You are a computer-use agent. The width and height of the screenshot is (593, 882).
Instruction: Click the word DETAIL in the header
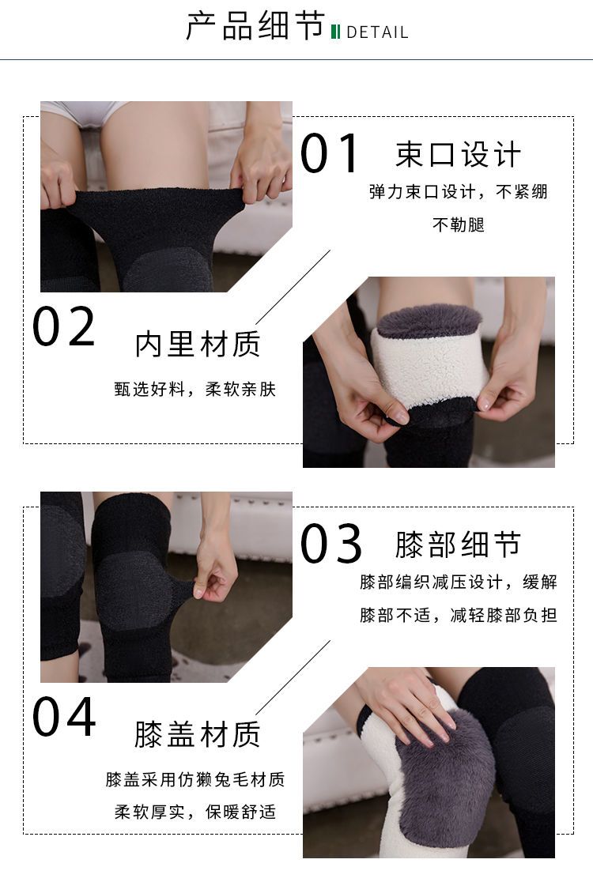[x=377, y=32]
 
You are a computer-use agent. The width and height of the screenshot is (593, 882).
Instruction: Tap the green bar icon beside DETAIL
[x=335, y=32]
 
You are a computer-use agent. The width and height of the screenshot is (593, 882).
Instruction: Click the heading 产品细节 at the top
[x=255, y=26]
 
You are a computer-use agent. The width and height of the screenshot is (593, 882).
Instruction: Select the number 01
[x=330, y=153]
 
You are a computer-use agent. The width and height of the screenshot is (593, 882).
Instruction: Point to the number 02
[x=63, y=326]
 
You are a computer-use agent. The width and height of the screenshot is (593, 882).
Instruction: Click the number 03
[x=330, y=544]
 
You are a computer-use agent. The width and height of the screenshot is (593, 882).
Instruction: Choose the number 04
[x=63, y=716]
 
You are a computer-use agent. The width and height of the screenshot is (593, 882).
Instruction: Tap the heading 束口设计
[x=458, y=155]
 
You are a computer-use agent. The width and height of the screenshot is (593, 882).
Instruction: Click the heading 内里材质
[x=198, y=345]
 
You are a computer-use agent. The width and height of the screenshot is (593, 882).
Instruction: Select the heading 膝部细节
[x=458, y=545]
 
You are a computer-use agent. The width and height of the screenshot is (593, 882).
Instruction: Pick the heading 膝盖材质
[x=198, y=734]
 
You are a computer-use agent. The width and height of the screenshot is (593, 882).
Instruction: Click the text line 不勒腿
[x=459, y=225]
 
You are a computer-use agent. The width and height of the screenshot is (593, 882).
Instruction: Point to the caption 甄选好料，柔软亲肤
[x=195, y=389]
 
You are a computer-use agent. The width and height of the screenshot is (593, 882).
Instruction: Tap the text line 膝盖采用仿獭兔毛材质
[x=195, y=779]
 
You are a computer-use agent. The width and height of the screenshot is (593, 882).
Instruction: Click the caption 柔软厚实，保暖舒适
[x=195, y=812]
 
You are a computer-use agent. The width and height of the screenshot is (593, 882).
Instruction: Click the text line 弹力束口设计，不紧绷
[x=458, y=192]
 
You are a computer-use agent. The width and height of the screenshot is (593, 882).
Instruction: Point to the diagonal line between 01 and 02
[x=293, y=288]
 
